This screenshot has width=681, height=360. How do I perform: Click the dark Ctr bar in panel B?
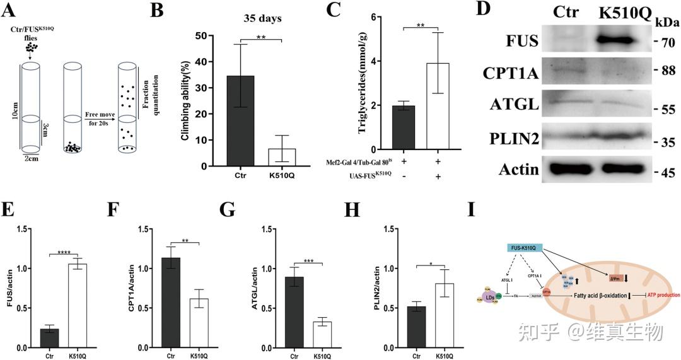pyautogui.click(x=241, y=120)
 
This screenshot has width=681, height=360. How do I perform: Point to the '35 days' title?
pyautogui.click(x=262, y=18)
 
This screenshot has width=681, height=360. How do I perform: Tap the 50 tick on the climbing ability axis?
pyautogui.click(x=207, y=35)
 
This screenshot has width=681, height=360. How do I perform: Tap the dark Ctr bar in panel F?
pyautogui.click(x=170, y=303)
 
